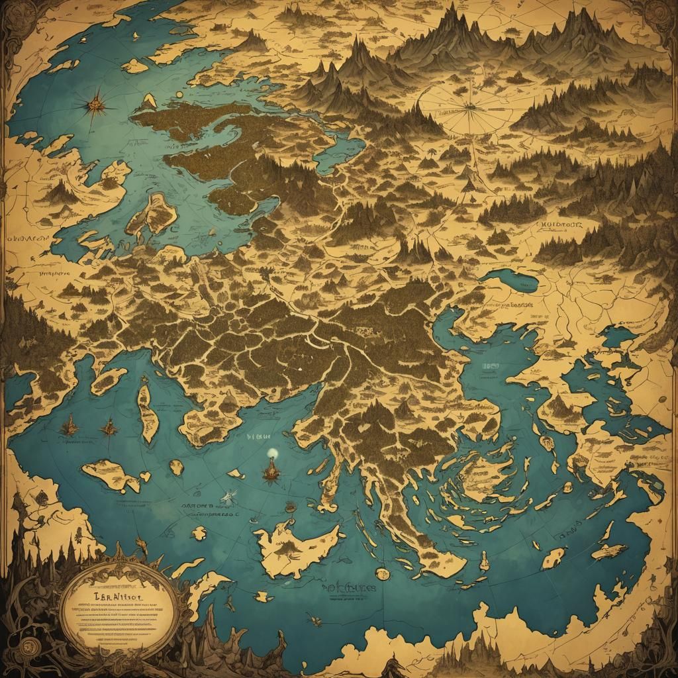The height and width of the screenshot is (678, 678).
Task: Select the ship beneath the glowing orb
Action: click(270, 472)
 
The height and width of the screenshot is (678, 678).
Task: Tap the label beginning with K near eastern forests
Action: click(560, 226)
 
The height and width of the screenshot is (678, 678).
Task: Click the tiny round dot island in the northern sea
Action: click(179, 99)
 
